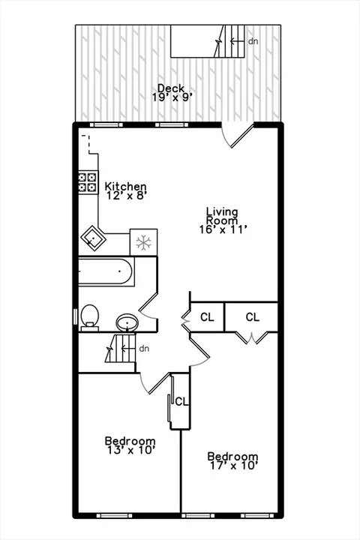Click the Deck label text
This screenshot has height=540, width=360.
(171, 88)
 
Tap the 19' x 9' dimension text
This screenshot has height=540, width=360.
(172, 97)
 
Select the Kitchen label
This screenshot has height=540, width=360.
(125, 186)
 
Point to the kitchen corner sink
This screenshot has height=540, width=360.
(92, 238)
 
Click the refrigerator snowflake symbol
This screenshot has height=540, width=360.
(143, 242)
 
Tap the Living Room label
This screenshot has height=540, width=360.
(222, 216)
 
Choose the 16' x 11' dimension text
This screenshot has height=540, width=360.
(223, 229)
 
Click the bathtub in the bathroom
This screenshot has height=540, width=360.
(105, 271)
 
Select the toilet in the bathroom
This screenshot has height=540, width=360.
(90, 316)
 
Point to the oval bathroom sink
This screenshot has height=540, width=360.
(127, 323)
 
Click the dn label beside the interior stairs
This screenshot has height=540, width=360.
(144, 349)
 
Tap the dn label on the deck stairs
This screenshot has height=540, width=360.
(253, 41)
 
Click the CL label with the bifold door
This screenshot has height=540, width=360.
(207, 316)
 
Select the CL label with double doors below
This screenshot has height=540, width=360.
(253, 316)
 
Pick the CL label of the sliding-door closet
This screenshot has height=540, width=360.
(182, 401)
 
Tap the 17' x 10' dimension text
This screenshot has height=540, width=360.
(234, 466)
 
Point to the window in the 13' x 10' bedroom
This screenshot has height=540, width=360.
(114, 515)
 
